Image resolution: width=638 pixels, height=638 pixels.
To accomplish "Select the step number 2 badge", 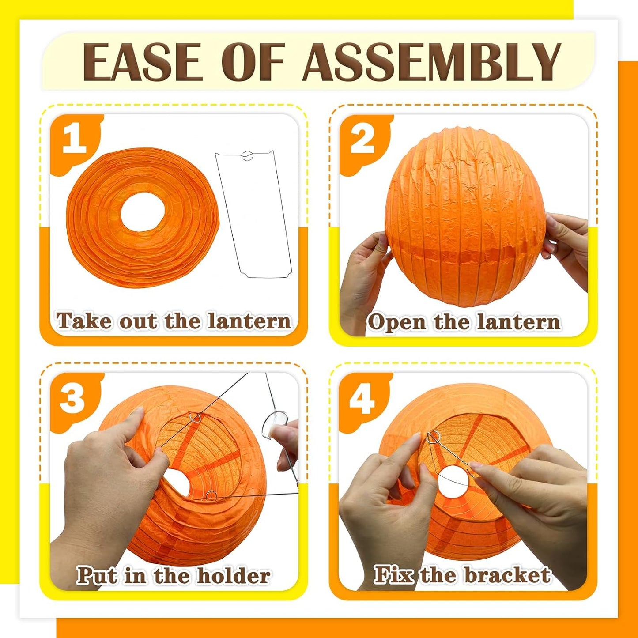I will click(x=362, y=140).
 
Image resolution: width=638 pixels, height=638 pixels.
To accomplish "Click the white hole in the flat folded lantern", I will click(x=143, y=214).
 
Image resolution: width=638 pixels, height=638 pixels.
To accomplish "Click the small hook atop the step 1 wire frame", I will click(x=248, y=155).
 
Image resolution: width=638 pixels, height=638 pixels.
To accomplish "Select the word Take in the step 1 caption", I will click(x=83, y=321).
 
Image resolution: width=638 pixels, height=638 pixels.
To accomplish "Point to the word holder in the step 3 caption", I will click(x=234, y=576).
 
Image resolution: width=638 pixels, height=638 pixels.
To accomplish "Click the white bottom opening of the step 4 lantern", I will click(x=453, y=480).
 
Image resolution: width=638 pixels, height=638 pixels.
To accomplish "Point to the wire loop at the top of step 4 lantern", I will click(x=433, y=438).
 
